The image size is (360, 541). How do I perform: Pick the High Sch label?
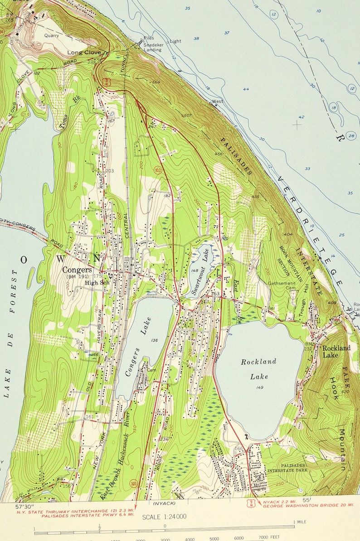pyautogui.click(x=95, y=283)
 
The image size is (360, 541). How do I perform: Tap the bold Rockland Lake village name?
pyautogui.click(x=336, y=352)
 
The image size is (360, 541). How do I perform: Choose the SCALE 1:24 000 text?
pyautogui.click(x=164, y=517)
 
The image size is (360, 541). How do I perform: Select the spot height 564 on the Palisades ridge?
pyautogui.click(x=156, y=82)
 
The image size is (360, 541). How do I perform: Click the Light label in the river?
pyautogui.click(x=175, y=41)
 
